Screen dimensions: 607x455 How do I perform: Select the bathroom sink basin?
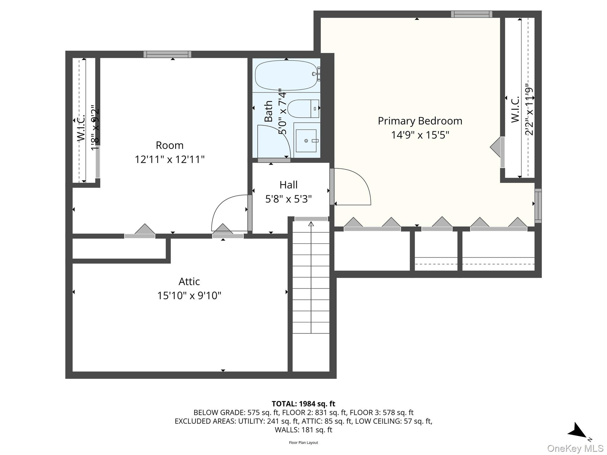306,141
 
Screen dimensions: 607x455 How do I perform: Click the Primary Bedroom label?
420,121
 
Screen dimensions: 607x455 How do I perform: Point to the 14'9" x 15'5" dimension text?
420,135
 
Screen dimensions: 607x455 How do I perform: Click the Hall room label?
288,185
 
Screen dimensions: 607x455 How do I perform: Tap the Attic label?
189,281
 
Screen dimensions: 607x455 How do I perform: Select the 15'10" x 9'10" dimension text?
189,295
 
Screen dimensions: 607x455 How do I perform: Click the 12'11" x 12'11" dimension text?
169,159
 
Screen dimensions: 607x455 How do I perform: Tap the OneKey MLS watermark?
575,448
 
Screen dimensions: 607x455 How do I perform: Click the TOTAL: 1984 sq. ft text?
303,404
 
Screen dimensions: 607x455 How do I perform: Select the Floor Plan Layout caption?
303,443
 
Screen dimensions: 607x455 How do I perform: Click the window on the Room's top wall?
167,54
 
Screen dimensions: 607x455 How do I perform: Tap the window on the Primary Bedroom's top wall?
471,14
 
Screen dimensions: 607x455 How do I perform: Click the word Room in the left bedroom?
169,145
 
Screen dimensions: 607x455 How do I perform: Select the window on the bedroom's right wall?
538,206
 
